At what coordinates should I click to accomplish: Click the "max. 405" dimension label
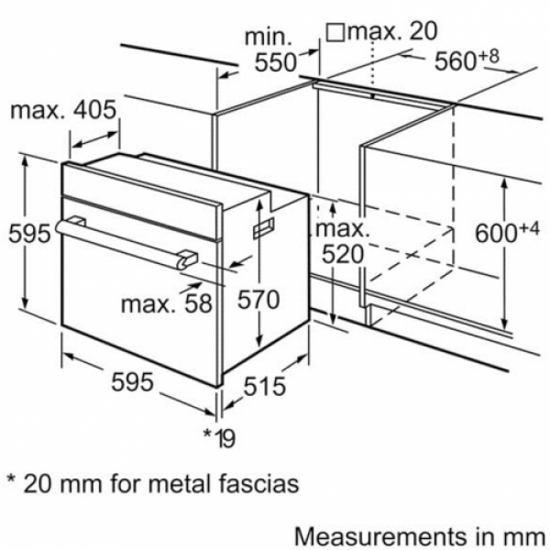coord(63,110)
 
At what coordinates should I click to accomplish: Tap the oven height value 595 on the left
coord(30,233)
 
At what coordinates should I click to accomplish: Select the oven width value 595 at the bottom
coord(132,381)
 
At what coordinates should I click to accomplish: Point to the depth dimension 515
coord(265,386)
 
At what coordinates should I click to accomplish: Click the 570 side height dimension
coord(258,299)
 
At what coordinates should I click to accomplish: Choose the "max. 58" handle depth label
coord(167,303)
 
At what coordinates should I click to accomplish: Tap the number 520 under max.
coord(342,254)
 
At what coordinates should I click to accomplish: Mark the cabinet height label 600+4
coord(507,232)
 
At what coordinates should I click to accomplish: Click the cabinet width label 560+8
coord(467,60)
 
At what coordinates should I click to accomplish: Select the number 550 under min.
coord(275,62)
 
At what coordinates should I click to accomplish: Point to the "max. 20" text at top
coord(392,31)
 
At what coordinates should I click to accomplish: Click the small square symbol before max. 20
coord(335,33)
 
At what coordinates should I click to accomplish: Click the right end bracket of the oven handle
coord(187,259)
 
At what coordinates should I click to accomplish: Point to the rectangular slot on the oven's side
coord(263,226)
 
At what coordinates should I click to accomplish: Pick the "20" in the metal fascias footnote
coord(37,484)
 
